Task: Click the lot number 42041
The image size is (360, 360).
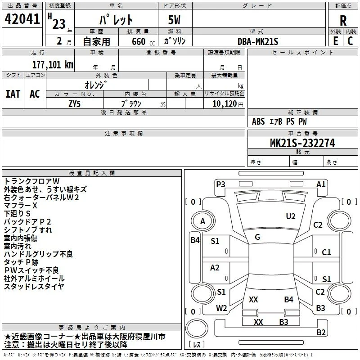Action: click(x=22, y=19)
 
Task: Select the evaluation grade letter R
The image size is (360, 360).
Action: click(x=343, y=21)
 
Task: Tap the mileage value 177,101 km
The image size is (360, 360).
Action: click(x=53, y=65)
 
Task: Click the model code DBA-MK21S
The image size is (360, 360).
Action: click(x=258, y=41)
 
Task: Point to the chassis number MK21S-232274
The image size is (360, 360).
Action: click(x=302, y=143)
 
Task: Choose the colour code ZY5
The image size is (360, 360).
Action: click(x=74, y=104)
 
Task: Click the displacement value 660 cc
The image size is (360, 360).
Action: click(x=143, y=41)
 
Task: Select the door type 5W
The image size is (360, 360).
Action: click(x=174, y=20)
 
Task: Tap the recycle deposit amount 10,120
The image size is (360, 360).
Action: click(x=224, y=104)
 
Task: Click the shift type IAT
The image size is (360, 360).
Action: click(x=13, y=94)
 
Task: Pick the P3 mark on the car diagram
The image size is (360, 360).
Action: click(x=220, y=184)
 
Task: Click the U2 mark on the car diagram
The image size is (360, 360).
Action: click(x=291, y=216)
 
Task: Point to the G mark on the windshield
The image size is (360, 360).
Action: click(x=257, y=237)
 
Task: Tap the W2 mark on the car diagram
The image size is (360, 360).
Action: click(x=221, y=308)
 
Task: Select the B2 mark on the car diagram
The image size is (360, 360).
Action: click(x=321, y=332)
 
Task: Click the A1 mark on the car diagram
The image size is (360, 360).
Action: click(x=321, y=184)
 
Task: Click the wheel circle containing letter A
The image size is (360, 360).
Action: click(x=203, y=221)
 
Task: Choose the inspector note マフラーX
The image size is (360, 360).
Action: click(x=20, y=206)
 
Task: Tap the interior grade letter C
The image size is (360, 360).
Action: click(x=350, y=41)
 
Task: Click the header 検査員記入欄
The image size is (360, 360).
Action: click(x=92, y=173)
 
